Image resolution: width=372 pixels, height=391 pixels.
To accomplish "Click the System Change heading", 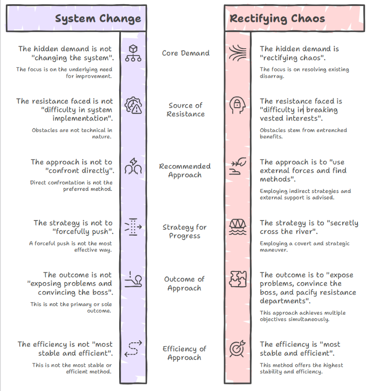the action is tap(98, 19).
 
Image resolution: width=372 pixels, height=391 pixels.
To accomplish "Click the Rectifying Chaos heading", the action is tap(277, 19).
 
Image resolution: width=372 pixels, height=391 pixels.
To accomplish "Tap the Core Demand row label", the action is tap(186, 53).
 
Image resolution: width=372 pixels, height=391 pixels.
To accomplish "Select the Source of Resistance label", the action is tap(186, 109).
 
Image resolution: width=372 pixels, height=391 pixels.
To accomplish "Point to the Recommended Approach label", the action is tap(185, 171).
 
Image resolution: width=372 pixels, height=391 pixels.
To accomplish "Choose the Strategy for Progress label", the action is tap(185, 231).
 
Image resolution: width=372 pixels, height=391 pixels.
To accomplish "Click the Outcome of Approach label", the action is tap(185, 283).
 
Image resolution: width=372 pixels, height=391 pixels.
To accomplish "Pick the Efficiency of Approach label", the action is tap(185, 353).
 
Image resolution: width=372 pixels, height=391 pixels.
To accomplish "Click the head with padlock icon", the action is tap(237, 105).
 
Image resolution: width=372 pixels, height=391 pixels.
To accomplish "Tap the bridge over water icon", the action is tap(237, 227).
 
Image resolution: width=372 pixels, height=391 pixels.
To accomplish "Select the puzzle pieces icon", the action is tap(238, 279).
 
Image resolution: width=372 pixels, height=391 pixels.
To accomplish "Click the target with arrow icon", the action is tap(237, 348).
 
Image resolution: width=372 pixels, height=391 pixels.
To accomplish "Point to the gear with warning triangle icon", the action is tap(133, 105).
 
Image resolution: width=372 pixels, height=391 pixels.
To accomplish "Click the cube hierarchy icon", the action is tap(133, 53).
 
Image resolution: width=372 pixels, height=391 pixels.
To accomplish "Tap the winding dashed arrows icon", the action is tap(133, 349).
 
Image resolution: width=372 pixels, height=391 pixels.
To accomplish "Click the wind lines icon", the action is tap(237, 53).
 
